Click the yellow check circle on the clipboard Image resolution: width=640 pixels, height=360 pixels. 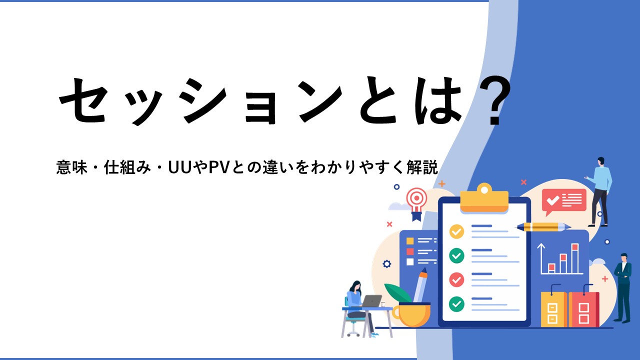[x=456, y=231]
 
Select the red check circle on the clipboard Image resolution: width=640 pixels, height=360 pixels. [x=456, y=279]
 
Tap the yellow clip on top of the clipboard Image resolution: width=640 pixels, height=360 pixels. [x=484, y=198]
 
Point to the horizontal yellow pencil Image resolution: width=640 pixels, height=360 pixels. [x=543, y=227]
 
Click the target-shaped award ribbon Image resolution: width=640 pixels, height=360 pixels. [x=417, y=203]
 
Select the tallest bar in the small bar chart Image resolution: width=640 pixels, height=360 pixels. [x=575, y=258]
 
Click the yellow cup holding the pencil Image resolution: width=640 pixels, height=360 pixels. [x=411, y=314]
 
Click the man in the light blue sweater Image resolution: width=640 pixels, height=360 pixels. [x=599, y=191]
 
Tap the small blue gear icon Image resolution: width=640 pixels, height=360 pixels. [x=387, y=263]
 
